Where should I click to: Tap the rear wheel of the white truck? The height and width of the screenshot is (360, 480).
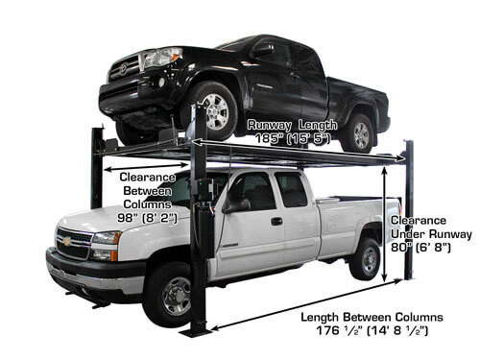click(364, 258)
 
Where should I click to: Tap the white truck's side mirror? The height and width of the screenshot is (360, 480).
click(232, 204)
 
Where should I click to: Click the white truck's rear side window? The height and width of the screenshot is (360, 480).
click(292, 190)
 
